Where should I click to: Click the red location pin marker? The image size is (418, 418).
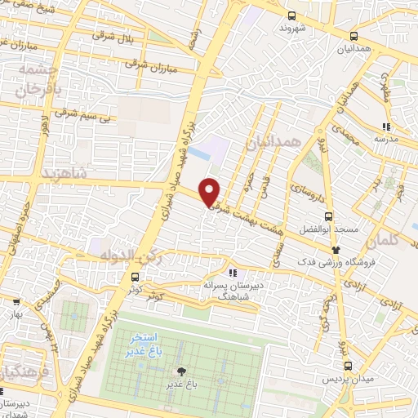point(210,191)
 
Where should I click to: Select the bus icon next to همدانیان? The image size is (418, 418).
point(354,37)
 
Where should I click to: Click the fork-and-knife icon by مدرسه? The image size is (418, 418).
point(385,127)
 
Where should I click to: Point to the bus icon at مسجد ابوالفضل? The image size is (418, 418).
point(328,216)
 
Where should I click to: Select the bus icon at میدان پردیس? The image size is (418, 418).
point(349,367)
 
